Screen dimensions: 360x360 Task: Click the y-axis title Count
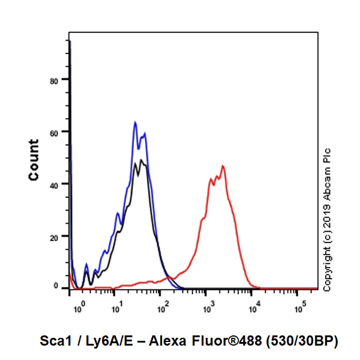click(x=34, y=160)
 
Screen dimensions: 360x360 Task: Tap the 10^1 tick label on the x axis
click(x=116, y=310)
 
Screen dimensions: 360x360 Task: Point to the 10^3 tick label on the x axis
click(x=207, y=310)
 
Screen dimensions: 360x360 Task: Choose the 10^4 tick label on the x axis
click(x=253, y=310)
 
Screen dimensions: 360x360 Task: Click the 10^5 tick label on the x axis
click(x=298, y=310)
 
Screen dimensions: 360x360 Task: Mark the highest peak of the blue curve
click(x=136, y=122)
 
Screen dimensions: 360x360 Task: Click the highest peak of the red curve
click(x=223, y=166)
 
